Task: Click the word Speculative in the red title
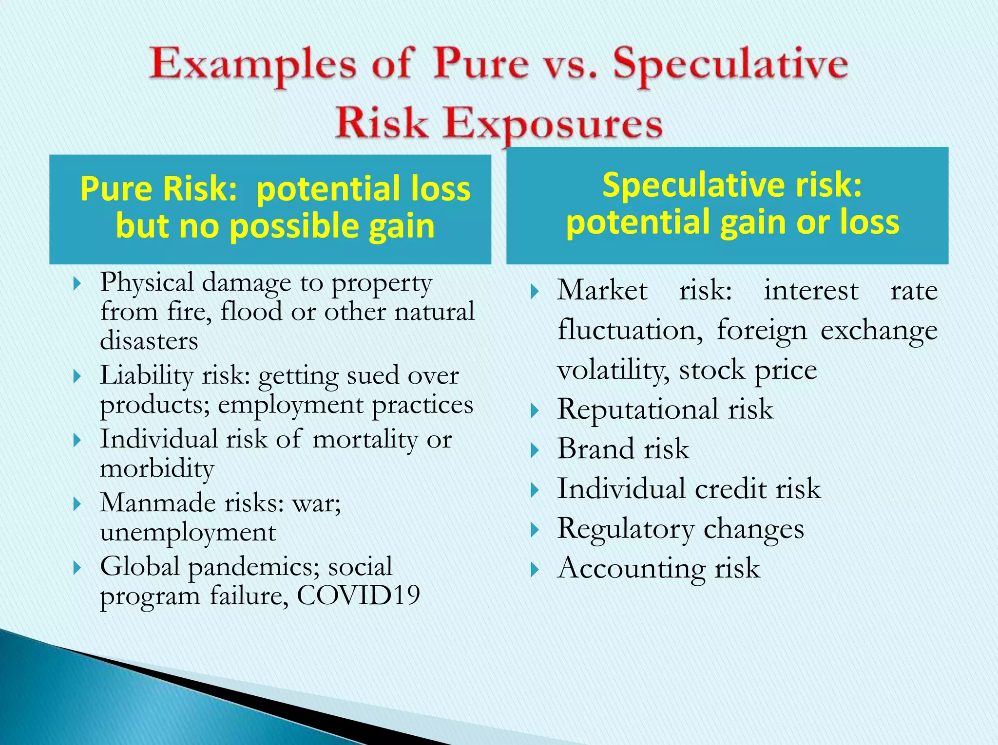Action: pos(730,66)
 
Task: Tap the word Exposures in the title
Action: pos(553,124)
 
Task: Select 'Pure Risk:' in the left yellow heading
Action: pos(158,188)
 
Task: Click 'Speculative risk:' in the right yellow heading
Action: pos(732,185)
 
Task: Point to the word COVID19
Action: pos(358,595)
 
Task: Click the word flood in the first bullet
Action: pos(251,312)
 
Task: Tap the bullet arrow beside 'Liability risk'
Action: pos(77,376)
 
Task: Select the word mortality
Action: pos(365,439)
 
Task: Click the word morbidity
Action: pos(157,469)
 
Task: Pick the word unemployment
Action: pos(188,532)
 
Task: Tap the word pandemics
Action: pos(253,567)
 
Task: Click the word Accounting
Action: pos(631,568)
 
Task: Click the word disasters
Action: pos(149,341)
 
